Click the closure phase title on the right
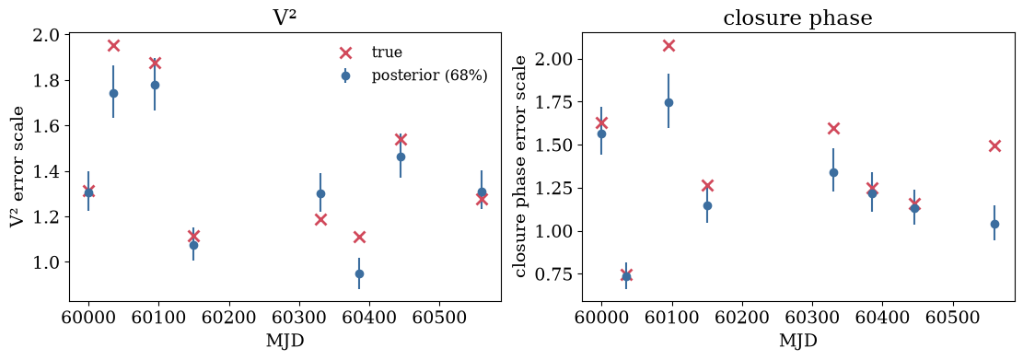[798, 18]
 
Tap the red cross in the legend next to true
[346, 52]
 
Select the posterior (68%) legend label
[429, 75]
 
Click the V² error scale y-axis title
[17, 167]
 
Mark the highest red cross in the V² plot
[113, 45]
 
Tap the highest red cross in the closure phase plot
[668, 45]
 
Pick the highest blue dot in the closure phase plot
[668, 102]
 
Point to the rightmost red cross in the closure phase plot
[995, 145]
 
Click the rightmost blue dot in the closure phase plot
[995, 224]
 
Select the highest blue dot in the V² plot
[155, 85]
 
